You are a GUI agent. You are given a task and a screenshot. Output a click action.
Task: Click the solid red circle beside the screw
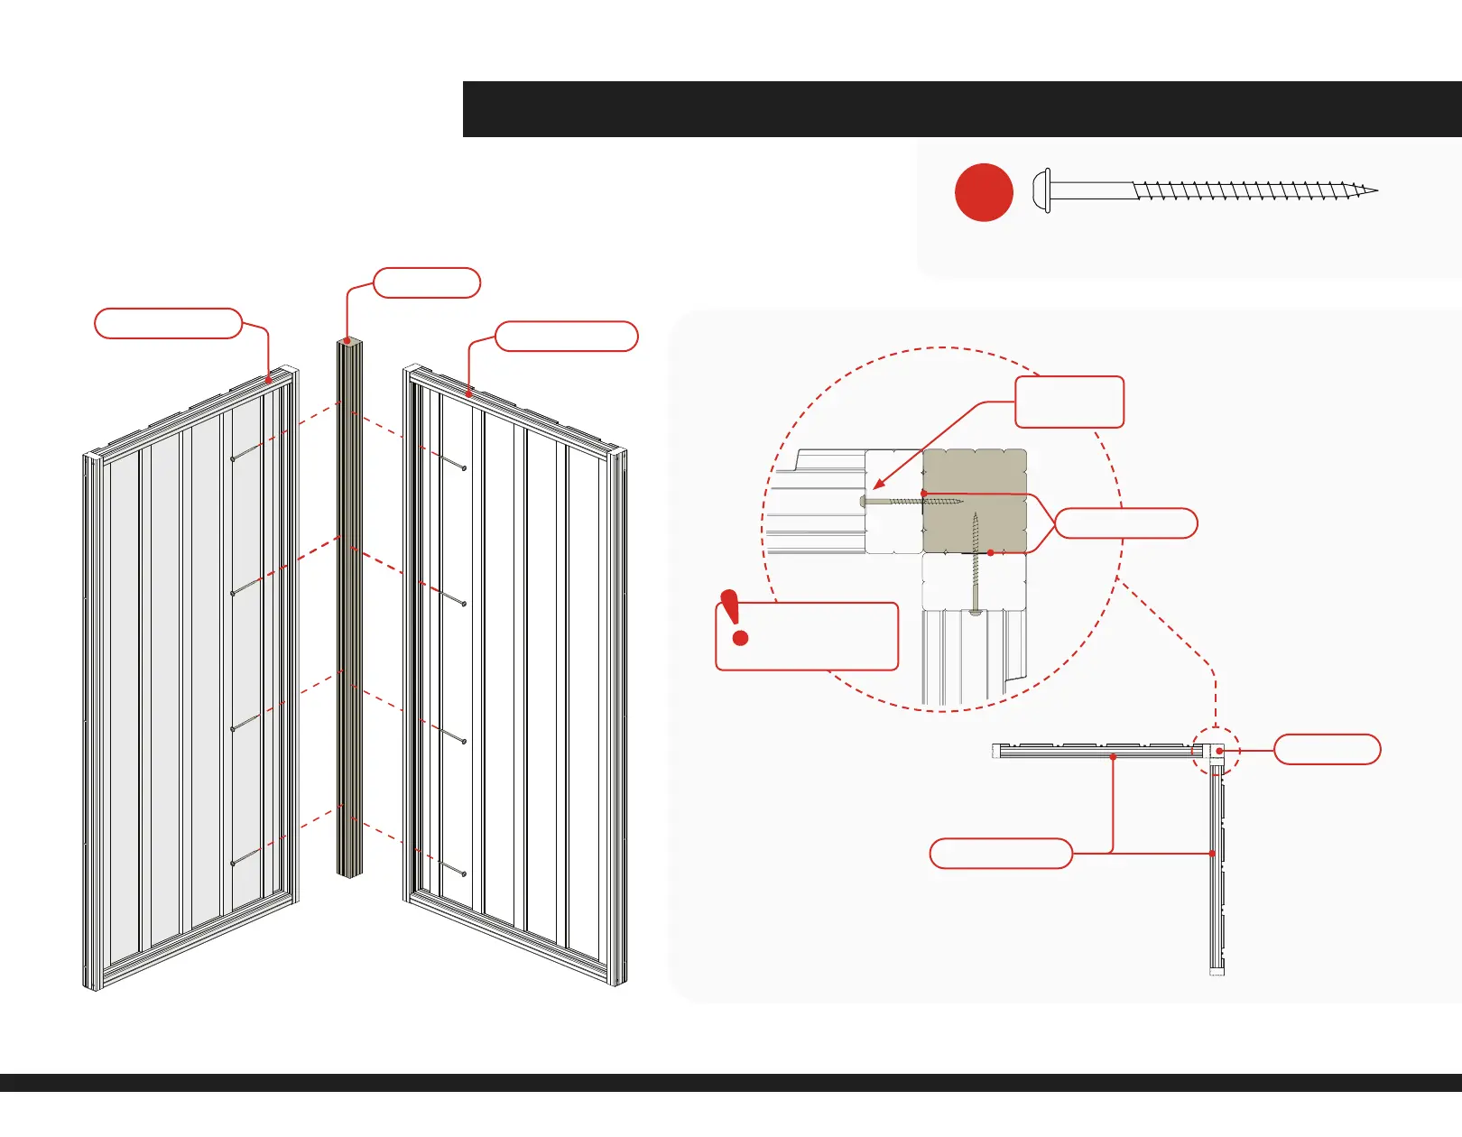coord(984,192)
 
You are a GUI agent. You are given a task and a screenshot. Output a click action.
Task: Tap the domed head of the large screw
coord(1041,191)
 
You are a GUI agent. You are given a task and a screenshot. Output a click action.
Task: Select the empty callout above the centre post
coord(426,282)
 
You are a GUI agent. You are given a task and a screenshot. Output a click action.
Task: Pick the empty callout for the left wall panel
coord(168,323)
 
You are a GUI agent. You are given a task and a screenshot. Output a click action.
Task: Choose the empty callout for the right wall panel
coord(567,336)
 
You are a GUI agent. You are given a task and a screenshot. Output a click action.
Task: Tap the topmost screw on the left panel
coord(246,452)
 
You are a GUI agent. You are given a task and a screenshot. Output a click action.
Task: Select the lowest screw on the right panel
coord(452,868)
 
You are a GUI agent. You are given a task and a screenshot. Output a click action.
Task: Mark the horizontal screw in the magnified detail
coord(911,501)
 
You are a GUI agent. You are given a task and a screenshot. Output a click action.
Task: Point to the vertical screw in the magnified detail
coord(976,564)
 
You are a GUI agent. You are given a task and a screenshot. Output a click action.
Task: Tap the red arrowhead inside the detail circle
coord(880,485)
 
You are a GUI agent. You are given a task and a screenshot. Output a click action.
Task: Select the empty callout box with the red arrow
coord(1069,402)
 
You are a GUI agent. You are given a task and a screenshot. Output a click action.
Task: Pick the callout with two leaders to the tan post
coord(1125,523)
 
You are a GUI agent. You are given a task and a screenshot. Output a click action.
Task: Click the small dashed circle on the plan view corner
coord(1216,750)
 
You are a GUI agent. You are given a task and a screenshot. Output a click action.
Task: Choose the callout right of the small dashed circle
coord(1327,750)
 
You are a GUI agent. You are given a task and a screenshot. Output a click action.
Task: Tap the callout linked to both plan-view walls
coord(1001,854)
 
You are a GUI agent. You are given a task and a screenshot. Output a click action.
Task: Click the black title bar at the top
coord(962,109)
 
